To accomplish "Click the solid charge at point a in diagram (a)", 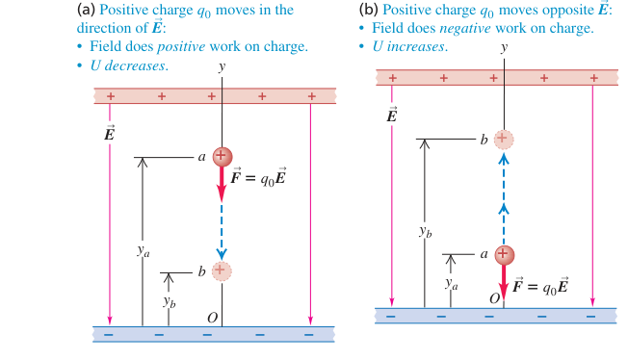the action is coord(222,157).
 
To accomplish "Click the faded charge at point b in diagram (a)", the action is coord(222,271).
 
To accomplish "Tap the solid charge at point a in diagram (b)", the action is coord(505,255).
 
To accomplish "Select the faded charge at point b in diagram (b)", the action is coord(504,140).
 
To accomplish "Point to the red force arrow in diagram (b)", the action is coord(504,283).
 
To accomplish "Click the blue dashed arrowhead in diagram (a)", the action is coord(222,254).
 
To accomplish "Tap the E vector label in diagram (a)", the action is coord(110,132).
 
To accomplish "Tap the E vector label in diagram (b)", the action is coord(392,115).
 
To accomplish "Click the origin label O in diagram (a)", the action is coord(212,318).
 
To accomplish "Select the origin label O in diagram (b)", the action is coord(495,298).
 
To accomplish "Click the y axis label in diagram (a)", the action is coord(222,66).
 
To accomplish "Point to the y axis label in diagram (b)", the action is coord(504,48).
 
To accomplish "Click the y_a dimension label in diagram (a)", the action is coord(143,251).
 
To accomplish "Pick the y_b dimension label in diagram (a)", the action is coord(169,302).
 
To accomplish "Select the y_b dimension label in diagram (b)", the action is coord(426,231).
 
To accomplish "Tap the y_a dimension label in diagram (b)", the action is coord(452,284).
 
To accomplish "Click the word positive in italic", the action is coord(181,46).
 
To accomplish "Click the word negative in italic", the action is coord(465,28).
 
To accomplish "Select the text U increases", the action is coord(409,46).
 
